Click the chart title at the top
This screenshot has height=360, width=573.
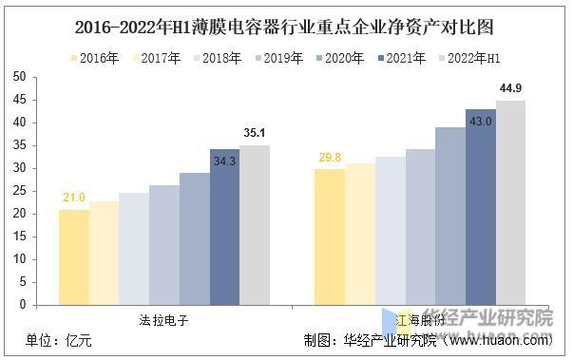286,26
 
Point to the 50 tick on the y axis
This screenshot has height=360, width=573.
18,77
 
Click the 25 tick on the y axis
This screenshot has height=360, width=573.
18,191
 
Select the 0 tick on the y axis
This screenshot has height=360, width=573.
22,306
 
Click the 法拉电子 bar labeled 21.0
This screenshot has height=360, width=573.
73,257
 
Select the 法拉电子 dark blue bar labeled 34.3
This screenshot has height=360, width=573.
224,227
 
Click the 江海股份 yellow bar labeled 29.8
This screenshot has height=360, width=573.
329,237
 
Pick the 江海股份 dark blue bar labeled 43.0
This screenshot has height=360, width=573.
480,207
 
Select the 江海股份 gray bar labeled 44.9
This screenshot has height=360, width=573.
509,203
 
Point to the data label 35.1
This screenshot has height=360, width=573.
255,134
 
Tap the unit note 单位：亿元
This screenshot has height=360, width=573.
60,341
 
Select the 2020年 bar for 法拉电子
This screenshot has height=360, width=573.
194,238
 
